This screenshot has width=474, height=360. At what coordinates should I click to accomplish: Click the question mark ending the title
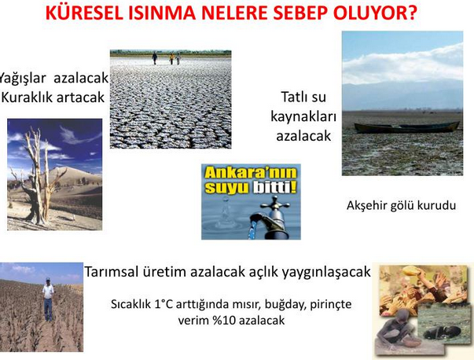pos(412,13)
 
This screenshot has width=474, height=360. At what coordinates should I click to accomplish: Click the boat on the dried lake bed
pos(406,127)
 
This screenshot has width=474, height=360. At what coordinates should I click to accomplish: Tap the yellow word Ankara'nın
pos(251,173)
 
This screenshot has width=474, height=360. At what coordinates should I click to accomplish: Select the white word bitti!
pos(274,187)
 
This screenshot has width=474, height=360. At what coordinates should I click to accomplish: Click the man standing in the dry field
pos(48,299)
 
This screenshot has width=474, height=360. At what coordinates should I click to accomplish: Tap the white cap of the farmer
pos(48,279)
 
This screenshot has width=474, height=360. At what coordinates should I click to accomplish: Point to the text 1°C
pos(164,303)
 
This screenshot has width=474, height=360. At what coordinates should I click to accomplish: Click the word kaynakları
pos(303,116)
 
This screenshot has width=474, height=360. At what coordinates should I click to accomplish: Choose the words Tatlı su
pos(303,97)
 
